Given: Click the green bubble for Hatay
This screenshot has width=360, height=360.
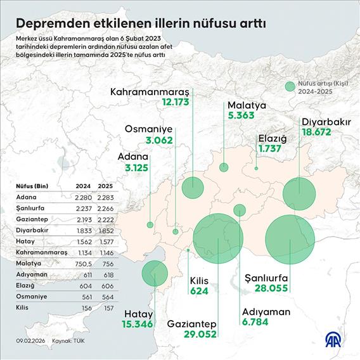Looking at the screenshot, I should (154, 273).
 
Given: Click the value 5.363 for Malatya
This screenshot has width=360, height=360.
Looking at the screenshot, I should (243, 115).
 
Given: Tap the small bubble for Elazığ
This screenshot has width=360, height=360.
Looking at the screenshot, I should (256, 169).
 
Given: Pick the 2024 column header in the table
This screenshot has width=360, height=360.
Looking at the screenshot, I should (82, 186).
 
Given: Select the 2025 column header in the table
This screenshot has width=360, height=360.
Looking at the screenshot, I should (106, 186).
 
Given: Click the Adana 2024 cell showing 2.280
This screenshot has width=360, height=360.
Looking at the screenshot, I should (82, 198).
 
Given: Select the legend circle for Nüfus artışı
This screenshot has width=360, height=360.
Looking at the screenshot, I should (290, 86).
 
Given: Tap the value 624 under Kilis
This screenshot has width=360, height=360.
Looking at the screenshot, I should (200, 292).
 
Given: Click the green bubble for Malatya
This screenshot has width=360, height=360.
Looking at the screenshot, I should (224, 167).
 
